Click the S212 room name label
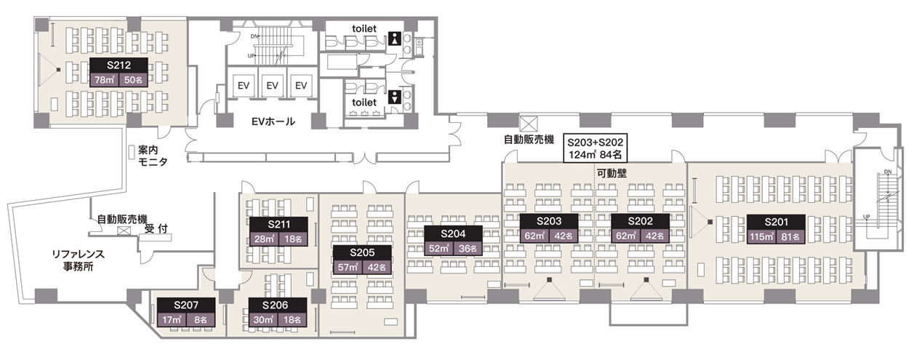pos(119,65)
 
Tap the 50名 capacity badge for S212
pos(133,80)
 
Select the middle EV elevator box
pos(273,86)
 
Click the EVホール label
pos(273,121)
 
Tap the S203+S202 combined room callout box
pos(596,148)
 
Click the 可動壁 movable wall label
pos(612,173)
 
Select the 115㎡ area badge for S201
pos(762,237)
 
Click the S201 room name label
pos(777,222)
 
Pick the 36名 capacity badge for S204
pos(468,249)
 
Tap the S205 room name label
pos(362,252)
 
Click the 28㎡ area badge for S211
pos(264,239)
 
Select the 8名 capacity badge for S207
pos(201,319)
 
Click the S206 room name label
pos(278,305)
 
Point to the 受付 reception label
pos(156,228)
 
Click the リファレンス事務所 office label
pos(79,260)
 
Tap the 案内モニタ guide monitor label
pos(153,156)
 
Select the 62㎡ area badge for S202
pos(625,236)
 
